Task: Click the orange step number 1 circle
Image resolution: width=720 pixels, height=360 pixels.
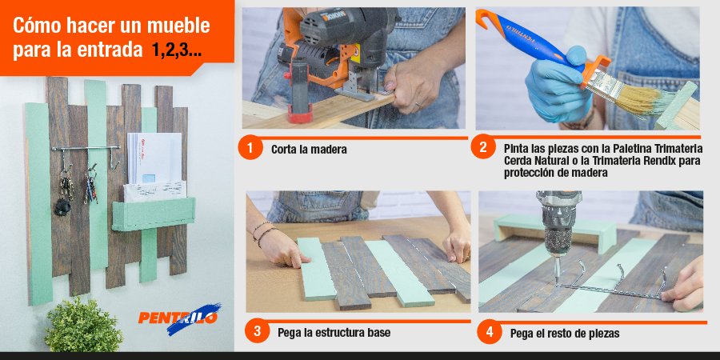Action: coord(250,149)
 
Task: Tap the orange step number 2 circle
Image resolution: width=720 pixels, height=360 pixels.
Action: coord(482,149)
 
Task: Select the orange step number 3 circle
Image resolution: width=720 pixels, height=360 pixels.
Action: coord(257,331)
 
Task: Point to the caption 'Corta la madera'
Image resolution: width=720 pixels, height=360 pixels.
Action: coord(309,150)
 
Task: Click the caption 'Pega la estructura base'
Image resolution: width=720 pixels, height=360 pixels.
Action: coord(334,332)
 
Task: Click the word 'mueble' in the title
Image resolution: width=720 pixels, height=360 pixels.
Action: coord(178,26)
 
